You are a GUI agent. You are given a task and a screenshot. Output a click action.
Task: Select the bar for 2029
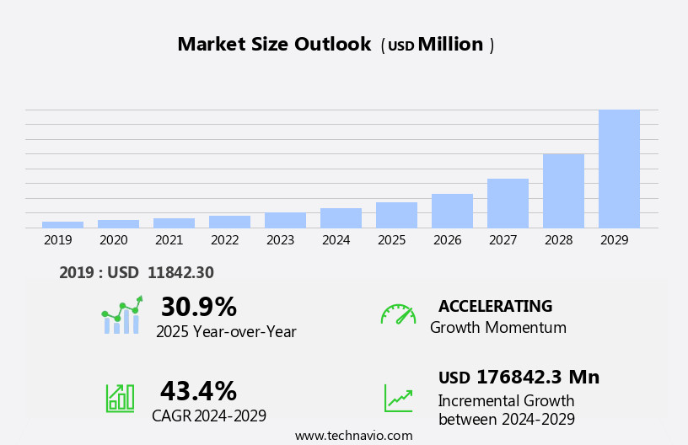pos(619,169)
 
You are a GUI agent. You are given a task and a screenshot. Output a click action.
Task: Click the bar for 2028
pos(563,190)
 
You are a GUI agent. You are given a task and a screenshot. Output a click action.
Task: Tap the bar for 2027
pos(508,203)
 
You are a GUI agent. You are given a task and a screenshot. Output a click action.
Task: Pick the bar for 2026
pos(452,211)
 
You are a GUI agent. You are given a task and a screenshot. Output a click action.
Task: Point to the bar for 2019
pos(62,224)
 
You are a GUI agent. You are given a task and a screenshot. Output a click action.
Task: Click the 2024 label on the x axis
pos(336,240)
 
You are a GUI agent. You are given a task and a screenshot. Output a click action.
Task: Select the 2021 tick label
pos(169,240)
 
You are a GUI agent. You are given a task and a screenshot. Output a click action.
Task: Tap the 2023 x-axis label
pos(280,240)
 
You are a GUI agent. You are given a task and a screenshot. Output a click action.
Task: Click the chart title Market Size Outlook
pos(274,45)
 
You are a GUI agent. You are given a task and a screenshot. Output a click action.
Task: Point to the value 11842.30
pos(180,273)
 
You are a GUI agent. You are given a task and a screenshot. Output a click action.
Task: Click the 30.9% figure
pos(198,307)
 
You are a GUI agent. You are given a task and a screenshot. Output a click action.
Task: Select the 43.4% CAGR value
pos(198,391)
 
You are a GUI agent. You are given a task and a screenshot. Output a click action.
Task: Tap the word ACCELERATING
pos(495,307)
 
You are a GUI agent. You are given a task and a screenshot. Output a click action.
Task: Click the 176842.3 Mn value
pos(537,378)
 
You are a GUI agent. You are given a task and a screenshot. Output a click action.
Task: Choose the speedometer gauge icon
pos(398,314)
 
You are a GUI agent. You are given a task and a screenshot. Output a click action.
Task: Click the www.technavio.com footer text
pos(353,436)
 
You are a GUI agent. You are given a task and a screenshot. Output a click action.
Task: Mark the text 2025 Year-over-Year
pos(226,332)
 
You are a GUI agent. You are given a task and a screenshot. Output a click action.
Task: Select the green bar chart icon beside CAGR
pos(120,397)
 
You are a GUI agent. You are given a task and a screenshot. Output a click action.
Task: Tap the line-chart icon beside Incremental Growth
pos(398,398)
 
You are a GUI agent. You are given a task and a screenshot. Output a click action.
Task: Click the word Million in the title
pos(450,45)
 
